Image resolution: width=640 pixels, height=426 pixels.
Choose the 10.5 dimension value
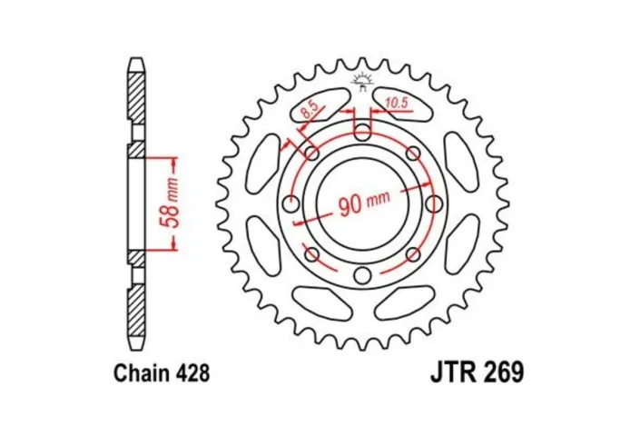tap(397, 101)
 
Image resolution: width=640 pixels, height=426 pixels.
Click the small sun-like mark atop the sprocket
tap(361, 79)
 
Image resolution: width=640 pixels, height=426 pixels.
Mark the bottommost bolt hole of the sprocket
tap(362, 275)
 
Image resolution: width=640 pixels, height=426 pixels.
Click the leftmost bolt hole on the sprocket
tap(291, 203)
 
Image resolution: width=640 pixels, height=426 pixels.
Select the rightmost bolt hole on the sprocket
tap(433, 203)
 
